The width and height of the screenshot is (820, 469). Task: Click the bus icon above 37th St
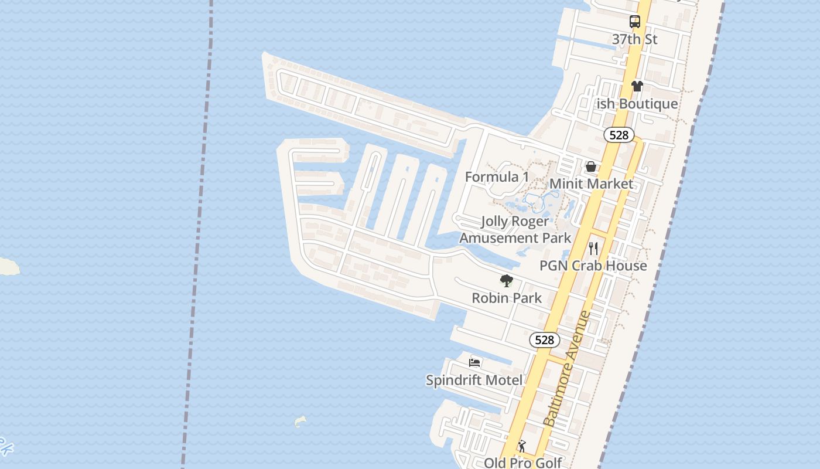pyautogui.click(x=635, y=22)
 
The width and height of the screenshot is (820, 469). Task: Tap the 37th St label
pyautogui.click(x=635, y=39)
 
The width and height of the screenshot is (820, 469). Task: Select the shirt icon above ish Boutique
pyautogui.click(x=637, y=86)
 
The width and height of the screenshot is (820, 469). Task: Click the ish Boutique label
pyautogui.click(x=637, y=104)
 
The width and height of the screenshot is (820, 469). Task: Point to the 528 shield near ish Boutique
pyautogui.click(x=619, y=135)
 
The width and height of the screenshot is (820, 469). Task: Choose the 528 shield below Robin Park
pyautogui.click(x=544, y=340)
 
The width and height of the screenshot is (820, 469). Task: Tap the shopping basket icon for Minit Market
pyautogui.click(x=591, y=166)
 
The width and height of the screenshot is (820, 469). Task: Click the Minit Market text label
pyautogui.click(x=591, y=184)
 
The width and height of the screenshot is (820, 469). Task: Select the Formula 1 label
pyautogui.click(x=497, y=177)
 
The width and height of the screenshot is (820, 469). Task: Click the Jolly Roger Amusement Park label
pyautogui.click(x=515, y=230)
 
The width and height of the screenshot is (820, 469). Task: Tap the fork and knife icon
pyautogui.click(x=593, y=249)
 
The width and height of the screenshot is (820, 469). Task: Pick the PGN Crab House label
pyautogui.click(x=593, y=266)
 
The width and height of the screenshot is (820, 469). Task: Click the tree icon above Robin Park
pyautogui.click(x=507, y=281)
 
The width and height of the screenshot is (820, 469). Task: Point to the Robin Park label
pyautogui.click(x=507, y=298)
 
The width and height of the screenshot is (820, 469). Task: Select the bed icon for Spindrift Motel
pyautogui.click(x=474, y=363)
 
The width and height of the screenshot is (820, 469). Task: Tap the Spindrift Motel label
pyautogui.click(x=474, y=380)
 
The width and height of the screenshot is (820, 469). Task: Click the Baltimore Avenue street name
pyautogui.click(x=568, y=369)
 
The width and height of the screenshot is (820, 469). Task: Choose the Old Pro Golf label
pyautogui.click(x=522, y=463)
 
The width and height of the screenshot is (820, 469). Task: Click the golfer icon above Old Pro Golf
pyautogui.click(x=522, y=447)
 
